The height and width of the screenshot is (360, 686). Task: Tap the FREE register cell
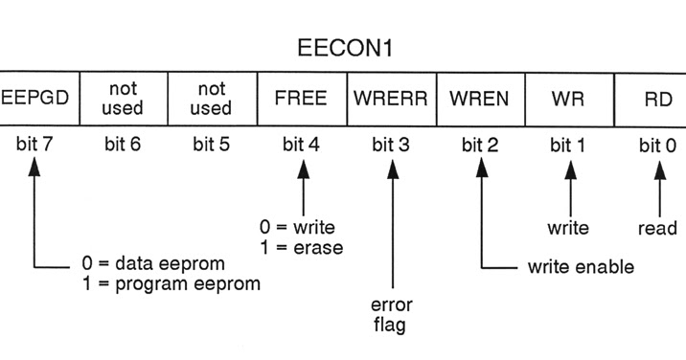(x=302, y=99)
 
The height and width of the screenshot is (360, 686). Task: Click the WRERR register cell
(x=390, y=99)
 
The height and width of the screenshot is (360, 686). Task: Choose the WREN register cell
(x=479, y=99)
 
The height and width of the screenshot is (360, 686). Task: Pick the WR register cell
(x=568, y=99)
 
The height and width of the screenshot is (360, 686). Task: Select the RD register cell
(x=656, y=99)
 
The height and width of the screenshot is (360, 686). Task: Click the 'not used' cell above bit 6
(x=122, y=99)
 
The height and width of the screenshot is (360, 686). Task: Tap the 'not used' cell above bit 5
(x=211, y=99)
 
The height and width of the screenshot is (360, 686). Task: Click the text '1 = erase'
(x=301, y=247)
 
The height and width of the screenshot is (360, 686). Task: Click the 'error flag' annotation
(x=391, y=315)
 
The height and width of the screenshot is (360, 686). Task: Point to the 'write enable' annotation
(x=580, y=266)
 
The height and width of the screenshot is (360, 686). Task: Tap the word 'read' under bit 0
(x=657, y=228)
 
